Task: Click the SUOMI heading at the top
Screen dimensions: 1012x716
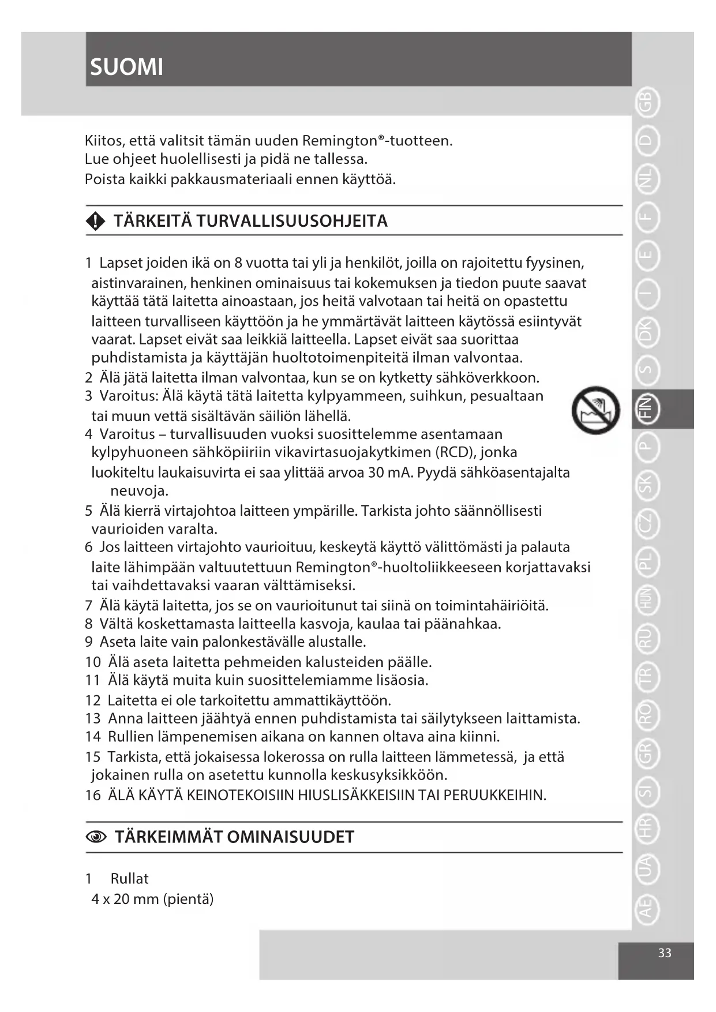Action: (127, 67)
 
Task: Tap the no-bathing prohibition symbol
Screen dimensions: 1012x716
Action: (595, 410)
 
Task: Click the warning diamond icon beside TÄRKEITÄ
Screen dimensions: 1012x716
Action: (95, 221)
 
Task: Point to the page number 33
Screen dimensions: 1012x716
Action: (665, 953)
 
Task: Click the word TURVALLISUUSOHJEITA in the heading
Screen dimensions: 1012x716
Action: (292, 221)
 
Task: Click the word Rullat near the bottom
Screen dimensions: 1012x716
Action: (129, 879)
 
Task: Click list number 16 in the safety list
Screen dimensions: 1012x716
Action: (93, 796)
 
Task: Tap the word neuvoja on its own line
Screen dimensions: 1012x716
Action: (139, 492)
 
